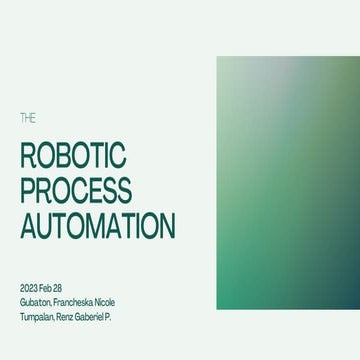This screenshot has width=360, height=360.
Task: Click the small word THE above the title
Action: [x=27, y=118]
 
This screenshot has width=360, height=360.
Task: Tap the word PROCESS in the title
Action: [x=75, y=190]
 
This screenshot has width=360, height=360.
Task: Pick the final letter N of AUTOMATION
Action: [x=167, y=224]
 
